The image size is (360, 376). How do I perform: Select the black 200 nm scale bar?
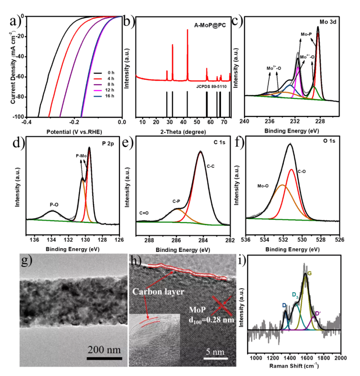(104, 358)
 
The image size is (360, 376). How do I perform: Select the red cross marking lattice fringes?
(221, 305)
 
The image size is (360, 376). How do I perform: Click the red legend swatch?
(97, 79)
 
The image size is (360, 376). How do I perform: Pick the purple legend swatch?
(97, 84)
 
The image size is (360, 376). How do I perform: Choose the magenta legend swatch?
(97, 90)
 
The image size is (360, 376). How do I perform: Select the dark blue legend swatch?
(97, 96)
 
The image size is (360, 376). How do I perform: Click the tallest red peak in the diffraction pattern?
(188, 33)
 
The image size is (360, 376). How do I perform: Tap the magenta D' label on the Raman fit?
(318, 313)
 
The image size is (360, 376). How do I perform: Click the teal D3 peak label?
(294, 294)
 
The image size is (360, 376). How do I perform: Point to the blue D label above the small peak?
(284, 305)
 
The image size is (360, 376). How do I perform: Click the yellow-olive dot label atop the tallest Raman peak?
(310, 273)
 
